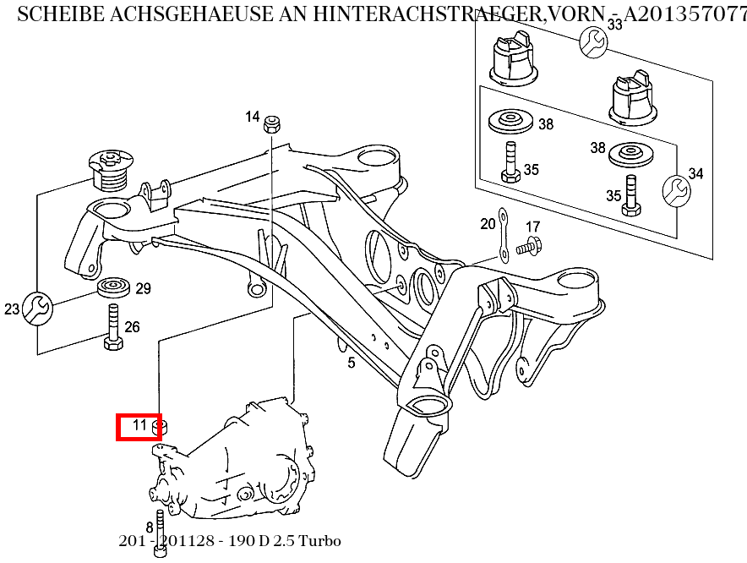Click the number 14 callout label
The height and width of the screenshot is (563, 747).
tap(253, 117)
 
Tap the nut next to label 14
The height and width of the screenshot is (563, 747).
tap(272, 124)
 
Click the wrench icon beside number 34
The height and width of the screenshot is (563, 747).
tap(674, 191)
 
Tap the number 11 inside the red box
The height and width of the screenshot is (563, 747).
tap(140, 425)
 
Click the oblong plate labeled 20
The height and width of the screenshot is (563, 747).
tap(502, 236)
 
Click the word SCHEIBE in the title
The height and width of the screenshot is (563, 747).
tap(52, 15)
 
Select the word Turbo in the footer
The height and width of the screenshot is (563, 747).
tap(321, 541)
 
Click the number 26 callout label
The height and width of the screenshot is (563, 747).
tap(133, 327)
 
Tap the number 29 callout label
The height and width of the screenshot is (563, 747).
tap(143, 289)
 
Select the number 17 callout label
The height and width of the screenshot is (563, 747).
tap(532, 227)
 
